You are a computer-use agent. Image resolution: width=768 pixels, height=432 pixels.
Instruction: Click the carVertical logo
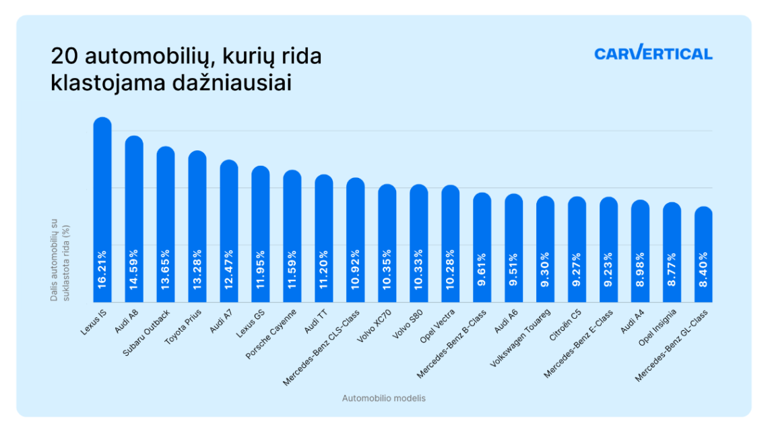tap(653, 53)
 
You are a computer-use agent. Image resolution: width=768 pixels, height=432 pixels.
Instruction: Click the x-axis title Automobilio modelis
tap(384, 398)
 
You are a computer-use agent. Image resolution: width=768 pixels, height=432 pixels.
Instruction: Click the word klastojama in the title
tap(99, 83)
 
